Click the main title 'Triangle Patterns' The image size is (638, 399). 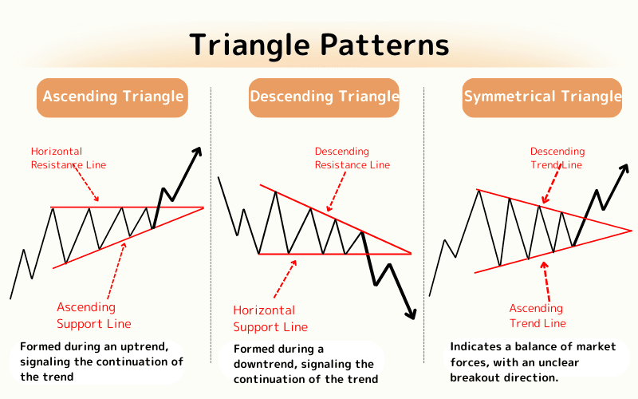tap(319, 45)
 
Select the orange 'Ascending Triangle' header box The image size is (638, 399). tap(112, 97)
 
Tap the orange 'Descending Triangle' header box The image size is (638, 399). tap(324, 97)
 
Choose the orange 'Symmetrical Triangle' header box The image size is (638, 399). tap(542, 97)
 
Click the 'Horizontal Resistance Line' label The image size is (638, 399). tap(69, 158)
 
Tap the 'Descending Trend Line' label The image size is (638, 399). tap(557, 158)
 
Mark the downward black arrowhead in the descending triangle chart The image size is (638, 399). tap(412, 314)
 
